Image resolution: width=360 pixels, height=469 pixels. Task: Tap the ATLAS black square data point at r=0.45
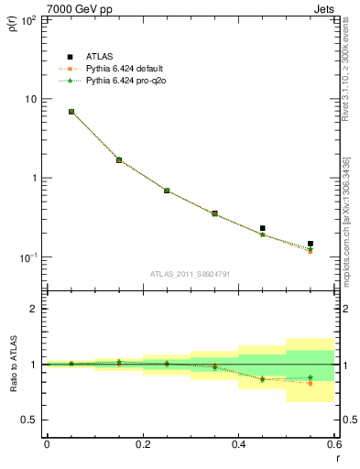click(x=263, y=228)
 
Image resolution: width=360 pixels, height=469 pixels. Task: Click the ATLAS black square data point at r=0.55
click(x=311, y=244)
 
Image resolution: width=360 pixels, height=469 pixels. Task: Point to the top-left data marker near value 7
click(x=71, y=112)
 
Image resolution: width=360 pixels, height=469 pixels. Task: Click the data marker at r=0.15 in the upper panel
click(x=119, y=159)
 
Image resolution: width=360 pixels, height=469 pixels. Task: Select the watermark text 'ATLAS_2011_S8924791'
click(x=190, y=273)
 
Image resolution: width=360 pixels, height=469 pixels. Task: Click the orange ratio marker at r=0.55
click(x=311, y=383)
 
